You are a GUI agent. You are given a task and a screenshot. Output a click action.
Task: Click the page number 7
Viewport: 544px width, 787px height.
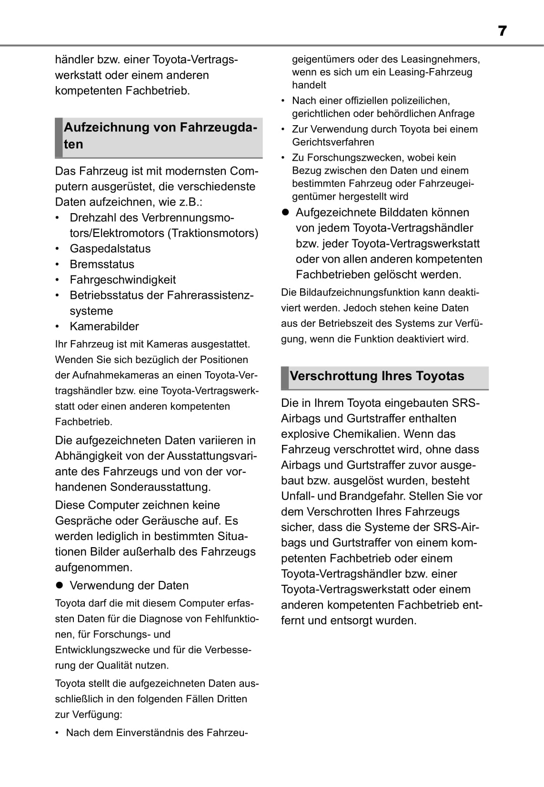point(502,31)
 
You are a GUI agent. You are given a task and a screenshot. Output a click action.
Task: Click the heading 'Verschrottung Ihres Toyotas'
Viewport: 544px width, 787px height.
point(377,376)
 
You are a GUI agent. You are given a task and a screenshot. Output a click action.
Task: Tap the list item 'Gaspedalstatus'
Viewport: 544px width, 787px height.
point(110,249)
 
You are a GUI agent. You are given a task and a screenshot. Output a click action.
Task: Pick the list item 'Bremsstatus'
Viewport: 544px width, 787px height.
point(102,265)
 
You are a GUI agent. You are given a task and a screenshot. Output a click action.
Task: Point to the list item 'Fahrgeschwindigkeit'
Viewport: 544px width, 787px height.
point(122,280)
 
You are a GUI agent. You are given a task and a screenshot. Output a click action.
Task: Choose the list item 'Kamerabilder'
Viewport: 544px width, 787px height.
point(104,326)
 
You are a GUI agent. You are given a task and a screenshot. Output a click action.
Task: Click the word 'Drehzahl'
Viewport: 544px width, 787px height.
point(91,218)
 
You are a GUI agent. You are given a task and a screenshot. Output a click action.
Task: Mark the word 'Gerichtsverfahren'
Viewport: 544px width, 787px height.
point(333,142)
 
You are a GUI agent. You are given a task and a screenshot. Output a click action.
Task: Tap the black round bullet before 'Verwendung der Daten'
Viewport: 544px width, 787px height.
point(60,586)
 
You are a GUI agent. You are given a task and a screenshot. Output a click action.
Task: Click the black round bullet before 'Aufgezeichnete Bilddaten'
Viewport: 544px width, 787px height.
point(286,213)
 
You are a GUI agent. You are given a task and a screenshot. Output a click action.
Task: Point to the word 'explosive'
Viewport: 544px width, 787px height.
point(304,434)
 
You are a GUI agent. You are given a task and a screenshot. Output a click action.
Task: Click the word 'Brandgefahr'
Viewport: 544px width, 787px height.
point(371,496)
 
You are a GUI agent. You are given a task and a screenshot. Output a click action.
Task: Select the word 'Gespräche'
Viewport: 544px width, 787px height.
point(82,521)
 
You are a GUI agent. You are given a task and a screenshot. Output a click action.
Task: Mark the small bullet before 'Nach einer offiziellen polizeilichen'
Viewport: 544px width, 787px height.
point(283,101)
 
